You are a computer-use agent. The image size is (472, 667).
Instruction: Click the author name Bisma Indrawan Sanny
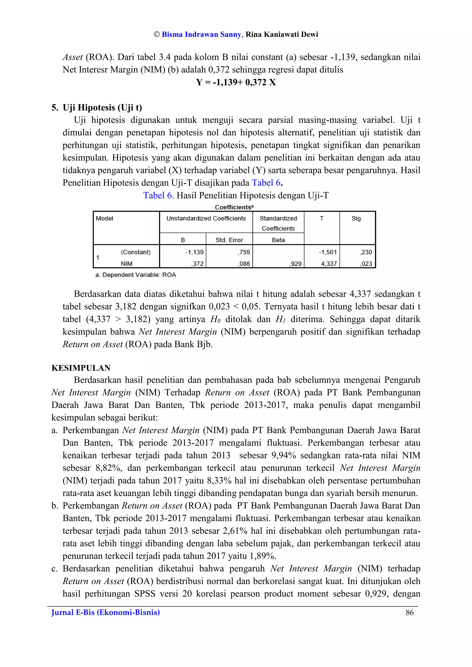click(x=201, y=35)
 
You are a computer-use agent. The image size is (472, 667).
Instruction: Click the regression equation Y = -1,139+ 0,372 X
click(x=236, y=82)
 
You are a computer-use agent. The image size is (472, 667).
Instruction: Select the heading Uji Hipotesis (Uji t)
click(x=102, y=108)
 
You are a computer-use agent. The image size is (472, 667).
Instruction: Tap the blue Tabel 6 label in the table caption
click(x=158, y=195)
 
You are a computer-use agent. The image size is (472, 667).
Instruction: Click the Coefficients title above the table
click(x=234, y=207)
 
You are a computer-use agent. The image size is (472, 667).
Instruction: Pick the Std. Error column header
click(x=229, y=240)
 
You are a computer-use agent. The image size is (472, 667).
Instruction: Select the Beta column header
click(x=278, y=240)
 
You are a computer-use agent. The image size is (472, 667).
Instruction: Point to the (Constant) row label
click(x=136, y=252)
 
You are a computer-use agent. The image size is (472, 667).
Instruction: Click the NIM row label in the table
click(x=127, y=264)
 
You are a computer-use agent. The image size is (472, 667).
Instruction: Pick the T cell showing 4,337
click(x=329, y=264)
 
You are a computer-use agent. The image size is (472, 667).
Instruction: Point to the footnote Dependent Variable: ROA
click(x=136, y=275)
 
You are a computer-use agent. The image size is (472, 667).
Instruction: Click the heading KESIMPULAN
click(x=81, y=368)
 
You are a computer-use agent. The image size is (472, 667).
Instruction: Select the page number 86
click(x=410, y=612)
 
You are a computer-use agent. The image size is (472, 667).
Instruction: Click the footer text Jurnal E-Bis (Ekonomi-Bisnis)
click(x=106, y=612)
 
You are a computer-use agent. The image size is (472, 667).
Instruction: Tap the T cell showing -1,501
click(x=327, y=252)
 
